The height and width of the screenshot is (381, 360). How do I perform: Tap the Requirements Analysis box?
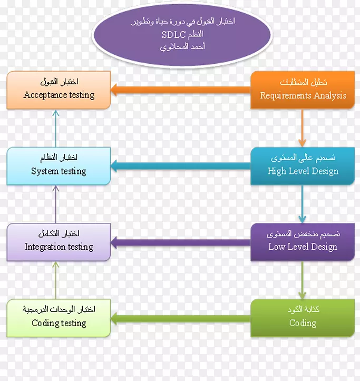303,90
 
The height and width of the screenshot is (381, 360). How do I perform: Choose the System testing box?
59,166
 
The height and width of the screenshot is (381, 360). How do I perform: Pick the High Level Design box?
303,166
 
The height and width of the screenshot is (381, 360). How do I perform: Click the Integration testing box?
59,242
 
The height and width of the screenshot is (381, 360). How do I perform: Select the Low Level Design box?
303,242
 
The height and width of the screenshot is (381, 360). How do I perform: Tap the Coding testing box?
59,318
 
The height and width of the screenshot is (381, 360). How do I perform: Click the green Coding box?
303,318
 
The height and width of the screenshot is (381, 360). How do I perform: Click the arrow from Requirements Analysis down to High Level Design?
302,128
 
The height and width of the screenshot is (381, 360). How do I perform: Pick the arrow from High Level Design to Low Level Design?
302,204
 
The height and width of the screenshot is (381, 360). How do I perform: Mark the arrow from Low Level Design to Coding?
302,280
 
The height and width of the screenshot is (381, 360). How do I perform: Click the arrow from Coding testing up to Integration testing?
56,280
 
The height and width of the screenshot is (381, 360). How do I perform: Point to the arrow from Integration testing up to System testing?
56,204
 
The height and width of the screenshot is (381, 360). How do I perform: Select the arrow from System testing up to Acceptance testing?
56,128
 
